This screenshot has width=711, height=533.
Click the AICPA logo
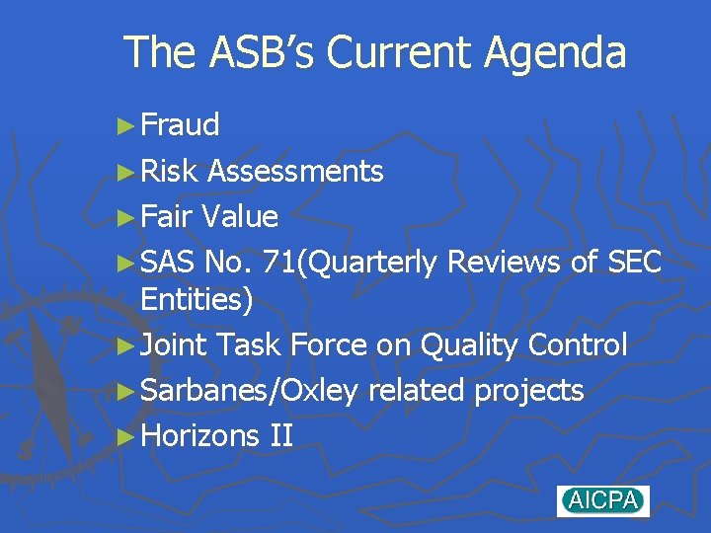[x=602, y=500]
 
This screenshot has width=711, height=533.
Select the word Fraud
[x=180, y=125]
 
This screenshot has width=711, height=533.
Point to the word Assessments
[x=295, y=172]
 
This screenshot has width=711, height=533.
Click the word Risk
[x=170, y=172]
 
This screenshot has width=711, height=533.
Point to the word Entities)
[x=197, y=300]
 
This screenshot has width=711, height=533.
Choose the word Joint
[x=174, y=345]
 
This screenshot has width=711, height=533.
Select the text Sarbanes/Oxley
[x=249, y=391]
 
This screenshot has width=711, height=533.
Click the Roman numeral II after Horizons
[x=280, y=435]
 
